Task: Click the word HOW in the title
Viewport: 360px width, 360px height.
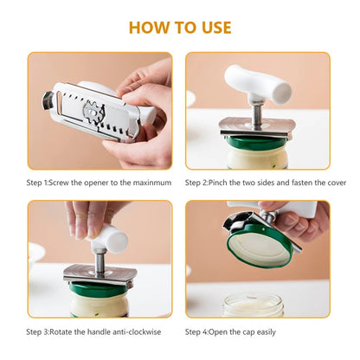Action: coord(148,27)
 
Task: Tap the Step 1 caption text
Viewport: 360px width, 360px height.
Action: coord(94,183)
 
